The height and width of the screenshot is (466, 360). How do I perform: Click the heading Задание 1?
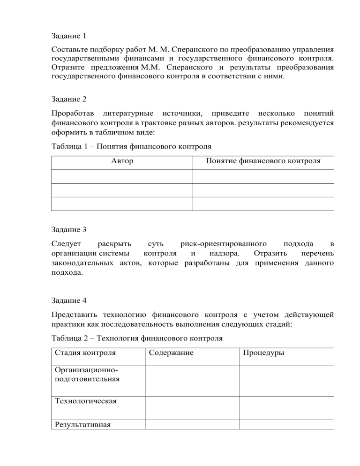pos(68,35)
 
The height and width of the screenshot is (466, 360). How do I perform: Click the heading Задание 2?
pos(68,99)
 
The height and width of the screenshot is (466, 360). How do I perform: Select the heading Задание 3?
pos(68,230)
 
